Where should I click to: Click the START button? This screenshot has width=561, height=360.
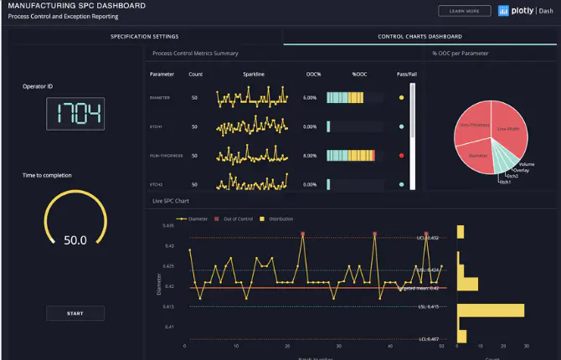coord(75,313)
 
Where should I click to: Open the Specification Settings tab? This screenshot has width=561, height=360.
coord(145,37)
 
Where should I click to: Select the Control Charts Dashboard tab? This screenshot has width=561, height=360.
coord(419,37)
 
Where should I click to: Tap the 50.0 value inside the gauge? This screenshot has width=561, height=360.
coord(75,240)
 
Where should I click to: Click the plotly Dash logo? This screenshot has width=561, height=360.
coord(525,11)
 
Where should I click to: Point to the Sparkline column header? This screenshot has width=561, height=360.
coord(254,75)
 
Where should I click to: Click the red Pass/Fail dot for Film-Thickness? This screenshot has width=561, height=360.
coord(402,156)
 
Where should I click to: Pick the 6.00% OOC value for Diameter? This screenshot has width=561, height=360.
coord(310,98)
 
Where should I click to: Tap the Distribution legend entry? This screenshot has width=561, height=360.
coord(280,219)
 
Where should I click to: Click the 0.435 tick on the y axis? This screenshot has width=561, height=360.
coord(168,226)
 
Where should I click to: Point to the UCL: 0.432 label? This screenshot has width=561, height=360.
coord(428,238)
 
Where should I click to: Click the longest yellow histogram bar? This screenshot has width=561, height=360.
coord(491,311)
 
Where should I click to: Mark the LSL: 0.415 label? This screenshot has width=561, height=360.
coord(428,306)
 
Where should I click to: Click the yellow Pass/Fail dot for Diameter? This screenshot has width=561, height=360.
coord(402,98)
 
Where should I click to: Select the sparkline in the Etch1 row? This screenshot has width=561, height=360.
coord(252,127)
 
